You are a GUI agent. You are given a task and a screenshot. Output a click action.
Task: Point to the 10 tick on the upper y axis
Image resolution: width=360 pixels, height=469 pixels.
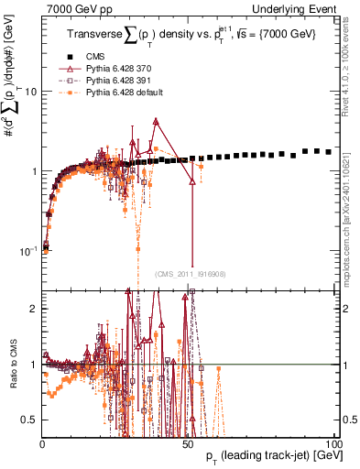[x=30, y=92]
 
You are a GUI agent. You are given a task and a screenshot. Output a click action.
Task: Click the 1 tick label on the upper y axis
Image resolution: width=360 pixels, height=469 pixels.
[x=33, y=171]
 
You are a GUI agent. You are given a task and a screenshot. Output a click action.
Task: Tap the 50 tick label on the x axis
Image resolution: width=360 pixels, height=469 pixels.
[x=188, y=442]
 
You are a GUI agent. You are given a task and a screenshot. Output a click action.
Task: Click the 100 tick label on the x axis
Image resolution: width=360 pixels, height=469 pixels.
[x=334, y=442]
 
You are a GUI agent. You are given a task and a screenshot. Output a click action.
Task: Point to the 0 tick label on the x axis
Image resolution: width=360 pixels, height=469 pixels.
[x=42, y=442]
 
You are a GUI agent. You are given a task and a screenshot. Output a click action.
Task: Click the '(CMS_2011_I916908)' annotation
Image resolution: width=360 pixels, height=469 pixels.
[x=190, y=273]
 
